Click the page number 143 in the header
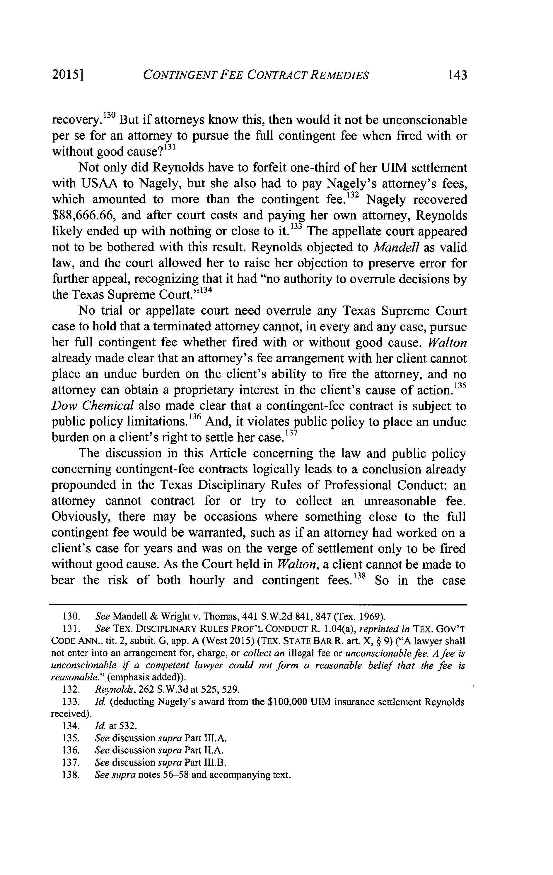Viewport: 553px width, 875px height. tap(457, 75)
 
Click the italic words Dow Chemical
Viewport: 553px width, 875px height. tap(93, 406)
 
